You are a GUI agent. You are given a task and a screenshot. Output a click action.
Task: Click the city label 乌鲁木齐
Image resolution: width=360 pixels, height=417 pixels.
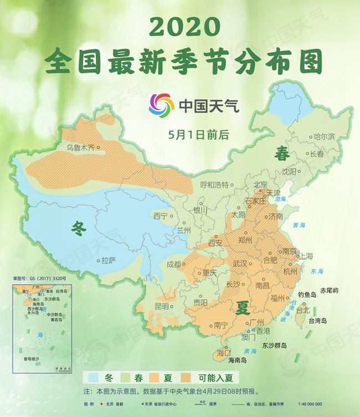click(81, 148)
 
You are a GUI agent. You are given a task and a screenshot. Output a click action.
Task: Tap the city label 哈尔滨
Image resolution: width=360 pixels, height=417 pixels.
click(324, 136)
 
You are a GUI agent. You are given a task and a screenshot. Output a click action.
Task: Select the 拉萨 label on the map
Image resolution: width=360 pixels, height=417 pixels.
click(109, 260)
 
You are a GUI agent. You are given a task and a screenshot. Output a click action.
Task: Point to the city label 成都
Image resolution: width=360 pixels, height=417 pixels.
click(174, 264)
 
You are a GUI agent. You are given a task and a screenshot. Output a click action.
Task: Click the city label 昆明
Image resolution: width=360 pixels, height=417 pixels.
click(162, 306)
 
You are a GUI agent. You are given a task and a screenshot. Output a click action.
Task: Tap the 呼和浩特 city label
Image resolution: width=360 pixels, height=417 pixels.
click(214, 184)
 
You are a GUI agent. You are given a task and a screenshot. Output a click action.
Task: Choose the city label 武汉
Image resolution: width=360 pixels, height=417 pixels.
click(241, 264)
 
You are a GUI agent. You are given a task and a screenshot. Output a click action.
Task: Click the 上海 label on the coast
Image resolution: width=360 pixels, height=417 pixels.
click(306, 256)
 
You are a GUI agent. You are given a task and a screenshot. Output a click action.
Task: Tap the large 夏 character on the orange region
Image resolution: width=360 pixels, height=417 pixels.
click(242, 308)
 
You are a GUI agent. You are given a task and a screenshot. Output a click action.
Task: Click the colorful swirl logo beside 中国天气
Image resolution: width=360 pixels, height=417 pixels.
click(161, 105)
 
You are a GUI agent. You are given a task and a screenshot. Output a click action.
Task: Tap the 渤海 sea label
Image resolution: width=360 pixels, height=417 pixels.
click(281, 199)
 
